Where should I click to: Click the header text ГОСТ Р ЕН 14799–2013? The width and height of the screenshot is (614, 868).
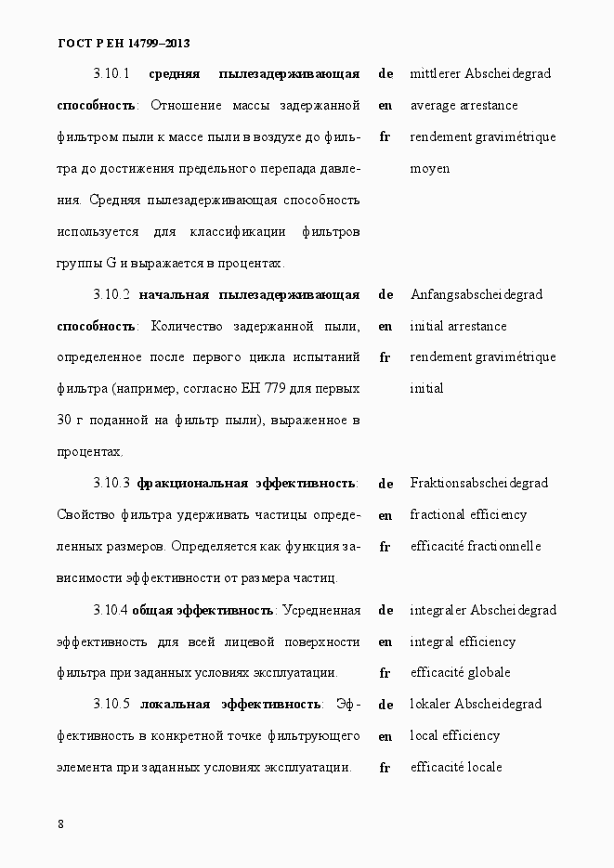(x=124, y=43)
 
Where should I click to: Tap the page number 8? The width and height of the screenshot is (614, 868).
(x=60, y=824)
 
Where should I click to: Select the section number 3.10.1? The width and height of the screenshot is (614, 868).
(x=111, y=73)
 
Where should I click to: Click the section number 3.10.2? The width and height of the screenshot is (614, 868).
(x=111, y=295)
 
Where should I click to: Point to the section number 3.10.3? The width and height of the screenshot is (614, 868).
(x=111, y=484)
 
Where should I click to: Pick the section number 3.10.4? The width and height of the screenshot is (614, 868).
(x=111, y=611)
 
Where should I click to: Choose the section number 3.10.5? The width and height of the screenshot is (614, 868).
(x=111, y=705)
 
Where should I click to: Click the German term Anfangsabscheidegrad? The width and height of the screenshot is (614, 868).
(x=476, y=295)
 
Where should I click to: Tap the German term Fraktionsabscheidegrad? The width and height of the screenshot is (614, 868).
(x=478, y=484)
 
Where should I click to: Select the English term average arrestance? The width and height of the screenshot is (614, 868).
(x=464, y=106)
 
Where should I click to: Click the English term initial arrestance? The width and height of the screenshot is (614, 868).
(x=458, y=327)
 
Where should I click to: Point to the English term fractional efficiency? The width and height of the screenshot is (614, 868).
(x=468, y=515)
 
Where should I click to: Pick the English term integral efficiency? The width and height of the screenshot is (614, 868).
(x=462, y=642)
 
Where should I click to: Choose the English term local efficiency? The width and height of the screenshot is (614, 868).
(x=454, y=736)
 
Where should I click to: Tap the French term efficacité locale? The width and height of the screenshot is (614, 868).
(x=455, y=768)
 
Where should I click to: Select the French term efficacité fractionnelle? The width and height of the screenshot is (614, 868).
(x=475, y=547)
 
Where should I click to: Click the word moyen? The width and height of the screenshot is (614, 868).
(x=429, y=169)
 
